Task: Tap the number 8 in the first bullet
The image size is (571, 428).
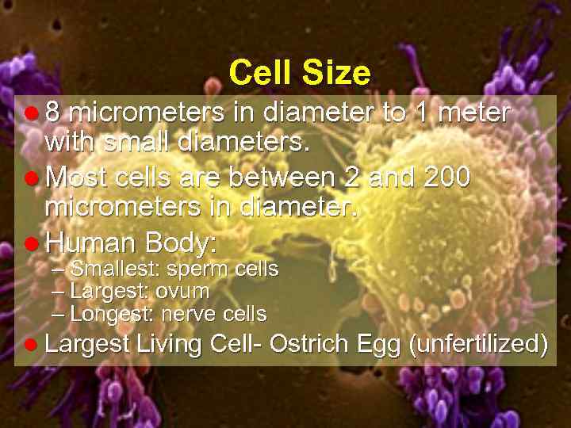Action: [x=54, y=113]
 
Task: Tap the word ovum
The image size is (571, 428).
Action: [x=183, y=292]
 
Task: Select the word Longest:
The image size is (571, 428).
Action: [x=110, y=314]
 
